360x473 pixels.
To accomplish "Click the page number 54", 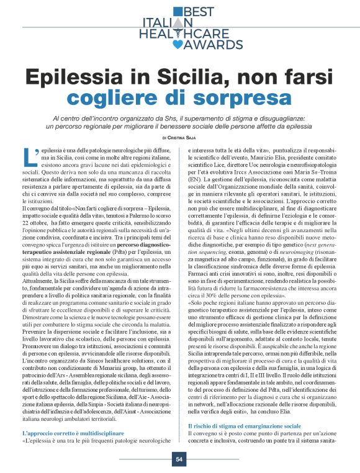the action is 179,459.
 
